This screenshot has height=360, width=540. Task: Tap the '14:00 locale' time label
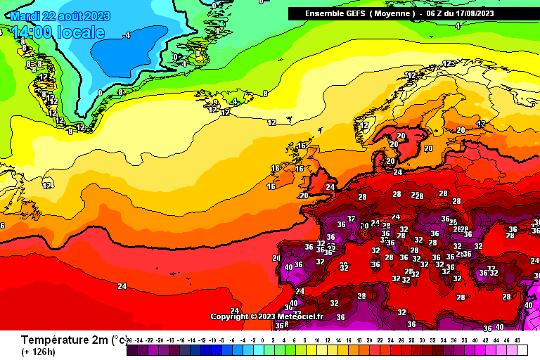point(58,32)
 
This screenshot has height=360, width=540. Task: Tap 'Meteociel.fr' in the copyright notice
point(302,316)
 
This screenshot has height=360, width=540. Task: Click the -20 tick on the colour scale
point(160,340)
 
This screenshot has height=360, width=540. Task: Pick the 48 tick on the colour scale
point(518,340)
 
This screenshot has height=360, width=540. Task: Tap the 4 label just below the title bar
point(458,26)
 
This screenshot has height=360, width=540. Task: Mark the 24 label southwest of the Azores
point(122,286)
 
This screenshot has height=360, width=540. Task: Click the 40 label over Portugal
point(288,267)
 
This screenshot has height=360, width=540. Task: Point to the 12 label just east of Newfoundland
point(47,186)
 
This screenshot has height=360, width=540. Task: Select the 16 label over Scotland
point(302,146)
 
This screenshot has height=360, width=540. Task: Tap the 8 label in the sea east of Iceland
point(265,94)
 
